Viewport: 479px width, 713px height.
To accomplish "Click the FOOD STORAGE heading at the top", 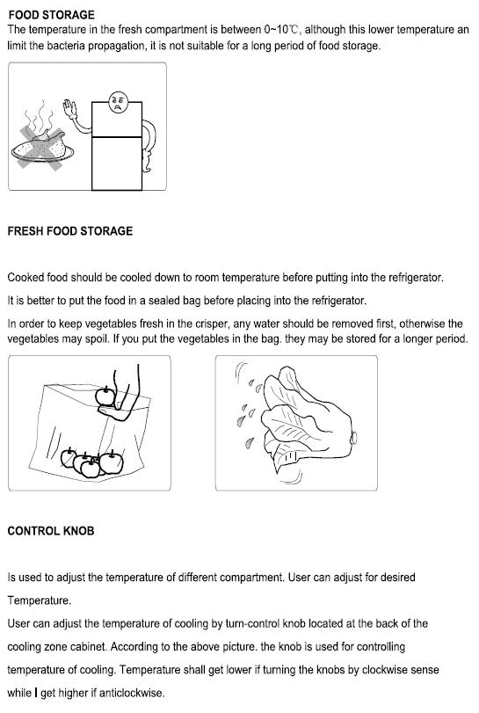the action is (x=51, y=15).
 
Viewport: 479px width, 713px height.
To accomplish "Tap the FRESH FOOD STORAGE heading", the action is (x=70, y=231).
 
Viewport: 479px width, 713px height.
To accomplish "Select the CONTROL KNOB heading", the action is (x=51, y=531).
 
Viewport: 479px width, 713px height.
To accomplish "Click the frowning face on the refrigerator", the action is (x=118, y=102).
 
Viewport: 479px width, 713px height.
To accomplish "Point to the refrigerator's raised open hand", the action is (x=69, y=109).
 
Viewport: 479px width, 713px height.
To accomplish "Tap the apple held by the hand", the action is (x=105, y=397).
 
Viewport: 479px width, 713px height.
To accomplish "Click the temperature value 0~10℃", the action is (x=281, y=30).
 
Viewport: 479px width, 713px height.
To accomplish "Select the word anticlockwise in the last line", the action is (x=131, y=693).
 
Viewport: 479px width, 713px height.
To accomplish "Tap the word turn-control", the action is (x=252, y=623).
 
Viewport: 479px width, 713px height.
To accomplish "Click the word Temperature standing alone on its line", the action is (x=39, y=600).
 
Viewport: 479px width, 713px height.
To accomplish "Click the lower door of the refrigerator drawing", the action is (x=117, y=164).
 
